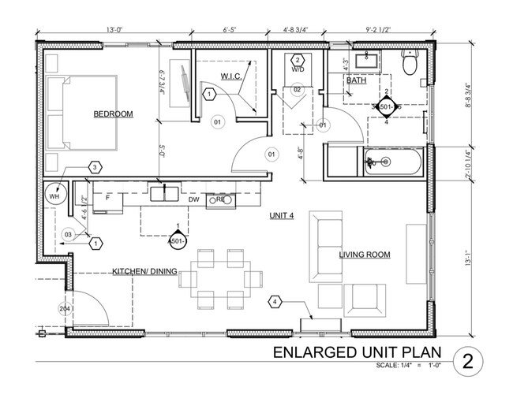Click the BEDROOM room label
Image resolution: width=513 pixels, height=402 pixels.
pos(113,114)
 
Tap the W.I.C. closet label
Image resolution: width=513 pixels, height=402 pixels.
pos(230,76)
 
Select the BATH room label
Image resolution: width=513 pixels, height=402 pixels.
pos(356,80)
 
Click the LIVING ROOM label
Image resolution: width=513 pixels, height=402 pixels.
pos(365,255)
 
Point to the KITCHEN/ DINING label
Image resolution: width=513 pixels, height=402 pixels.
pos(143,271)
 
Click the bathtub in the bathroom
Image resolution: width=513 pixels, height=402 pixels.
pos(393,162)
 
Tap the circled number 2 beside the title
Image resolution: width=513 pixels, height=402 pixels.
pos(469,361)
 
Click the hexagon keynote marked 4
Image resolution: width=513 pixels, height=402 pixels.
pos(275,301)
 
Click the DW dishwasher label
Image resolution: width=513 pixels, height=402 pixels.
pos(193,200)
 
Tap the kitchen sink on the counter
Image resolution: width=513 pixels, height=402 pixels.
pos(164,193)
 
